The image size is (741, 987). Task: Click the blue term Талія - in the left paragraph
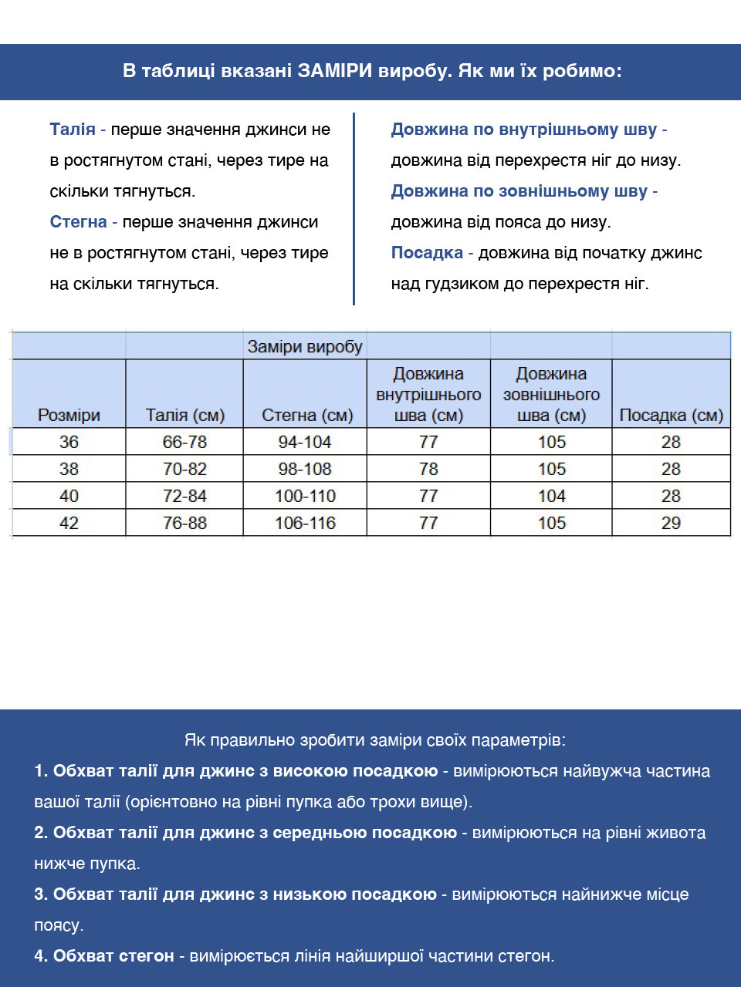pos(77,130)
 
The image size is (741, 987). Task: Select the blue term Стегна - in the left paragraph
pos(83,222)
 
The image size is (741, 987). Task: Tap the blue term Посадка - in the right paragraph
pos(431,253)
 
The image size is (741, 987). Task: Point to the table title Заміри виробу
pos(304,347)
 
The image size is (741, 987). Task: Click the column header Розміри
pos(69,415)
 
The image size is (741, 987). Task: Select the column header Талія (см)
pos(184,415)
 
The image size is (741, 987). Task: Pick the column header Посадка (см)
pos(671,415)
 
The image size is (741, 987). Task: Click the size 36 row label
pos(69,442)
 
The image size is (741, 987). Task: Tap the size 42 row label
pos(69,523)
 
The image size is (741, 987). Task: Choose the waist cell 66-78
pos(184,442)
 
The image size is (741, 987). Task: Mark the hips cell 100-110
pos(305,496)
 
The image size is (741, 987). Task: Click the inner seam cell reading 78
pos(428,469)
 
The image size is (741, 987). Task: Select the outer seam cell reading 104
pos(551,496)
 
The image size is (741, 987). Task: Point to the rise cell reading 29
pos(671,523)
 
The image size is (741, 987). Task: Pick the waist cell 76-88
pos(184,523)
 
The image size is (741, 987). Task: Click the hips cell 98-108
pos(305,469)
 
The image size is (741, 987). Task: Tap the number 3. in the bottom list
pos(41,894)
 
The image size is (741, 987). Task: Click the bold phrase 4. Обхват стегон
pos(103,956)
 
